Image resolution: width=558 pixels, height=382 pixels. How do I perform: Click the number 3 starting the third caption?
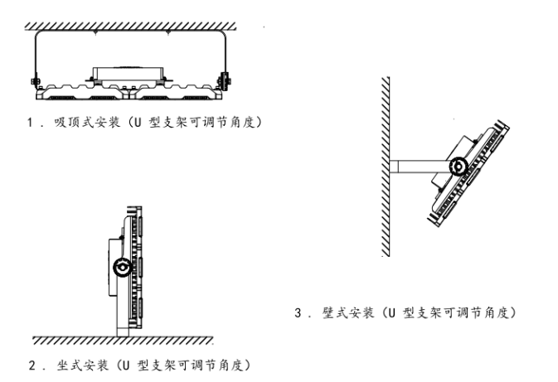298,313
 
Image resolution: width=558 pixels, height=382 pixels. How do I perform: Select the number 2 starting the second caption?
32,365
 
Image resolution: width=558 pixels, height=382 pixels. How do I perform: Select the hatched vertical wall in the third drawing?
386,166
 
